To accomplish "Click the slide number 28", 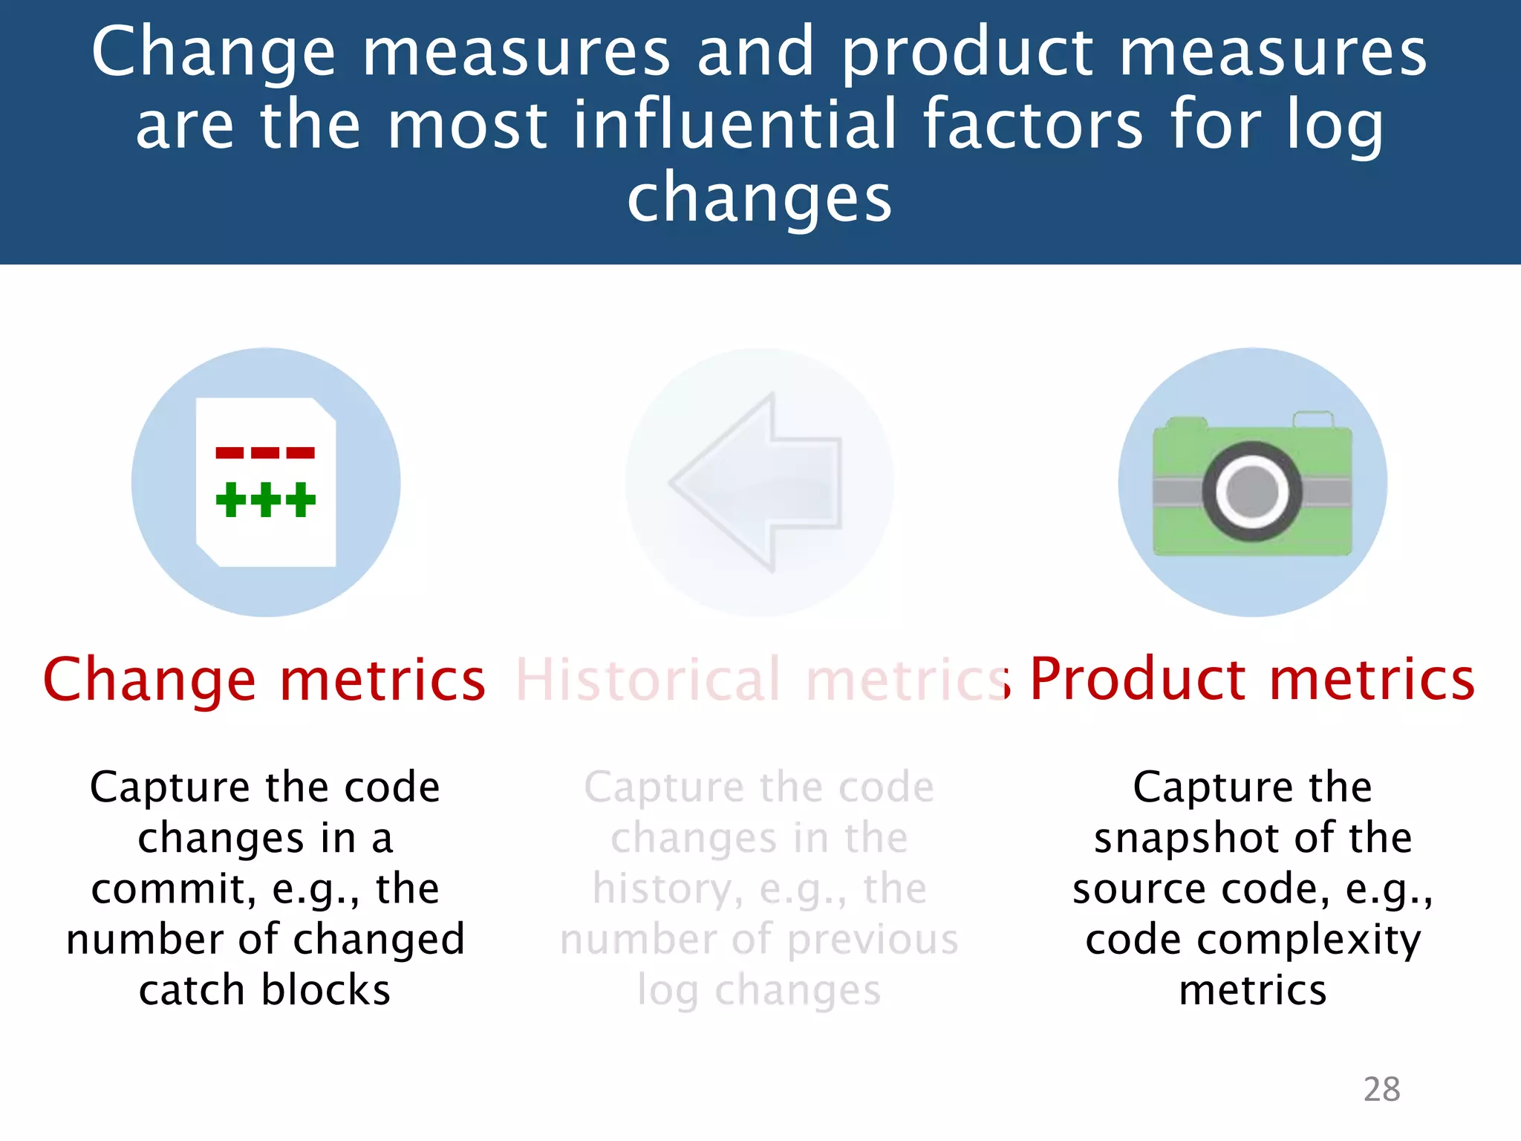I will coord(1381,1090).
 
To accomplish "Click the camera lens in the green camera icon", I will coord(1252,491).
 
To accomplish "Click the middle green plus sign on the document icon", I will coord(266,499).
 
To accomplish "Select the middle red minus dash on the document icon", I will coord(265,452).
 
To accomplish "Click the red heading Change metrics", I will coord(264,680).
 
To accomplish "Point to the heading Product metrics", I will coord(1252,680).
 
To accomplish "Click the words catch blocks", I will coord(264,990).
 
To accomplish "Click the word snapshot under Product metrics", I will coord(1187,839).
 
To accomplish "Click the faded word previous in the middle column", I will coord(873,940).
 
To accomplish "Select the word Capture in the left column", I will coord(170,787).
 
